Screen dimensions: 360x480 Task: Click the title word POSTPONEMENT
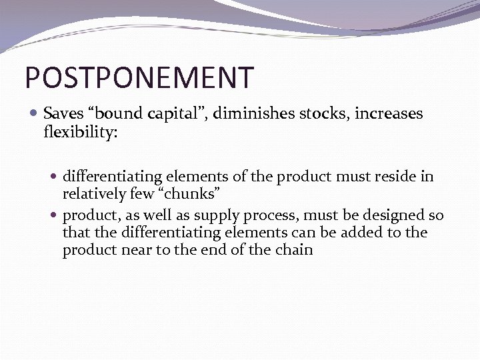[139, 77]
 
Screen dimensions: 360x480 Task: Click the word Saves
[63, 114]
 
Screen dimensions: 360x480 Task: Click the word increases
[389, 114]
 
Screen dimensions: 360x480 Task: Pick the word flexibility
[80, 132]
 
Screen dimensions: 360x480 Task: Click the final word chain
[294, 250]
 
